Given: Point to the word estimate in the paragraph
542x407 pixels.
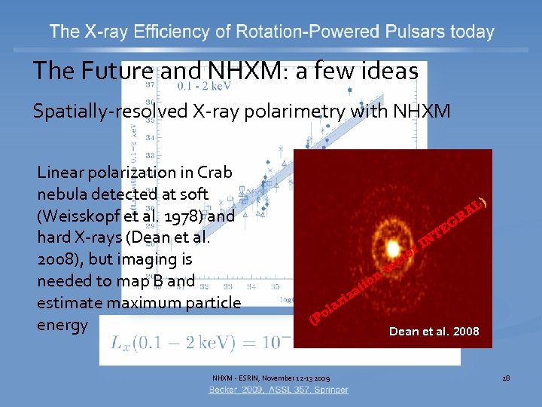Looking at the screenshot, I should pos(69,303).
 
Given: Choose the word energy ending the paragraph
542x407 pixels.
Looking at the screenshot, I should pos(63,325).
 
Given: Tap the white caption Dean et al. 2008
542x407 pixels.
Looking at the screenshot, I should pos(434,331).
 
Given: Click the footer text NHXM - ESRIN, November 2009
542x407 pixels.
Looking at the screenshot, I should pos(270,377).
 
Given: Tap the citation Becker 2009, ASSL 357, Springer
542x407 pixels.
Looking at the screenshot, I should pos(279,390).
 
